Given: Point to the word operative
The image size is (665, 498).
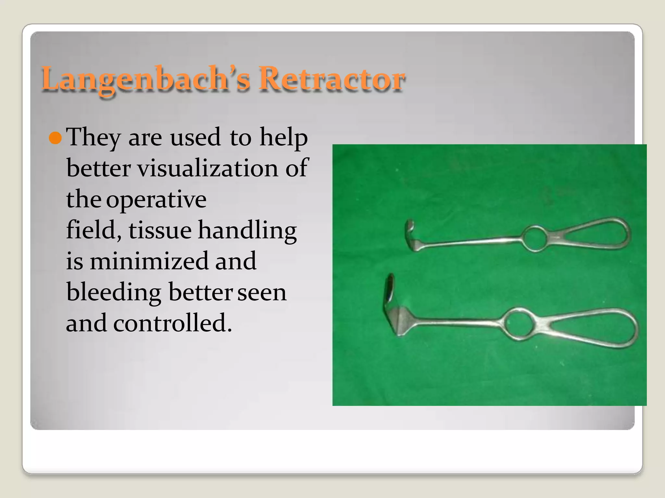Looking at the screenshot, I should pyautogui.click(x=156, y=200).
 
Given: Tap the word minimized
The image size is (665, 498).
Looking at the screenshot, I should pyautogui.click(x=149, y=261).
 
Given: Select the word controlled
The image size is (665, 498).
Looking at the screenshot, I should pyautogui.click(x=172, y=323).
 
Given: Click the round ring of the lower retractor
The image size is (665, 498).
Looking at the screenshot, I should pyautogui.click(x=519, y=324).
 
